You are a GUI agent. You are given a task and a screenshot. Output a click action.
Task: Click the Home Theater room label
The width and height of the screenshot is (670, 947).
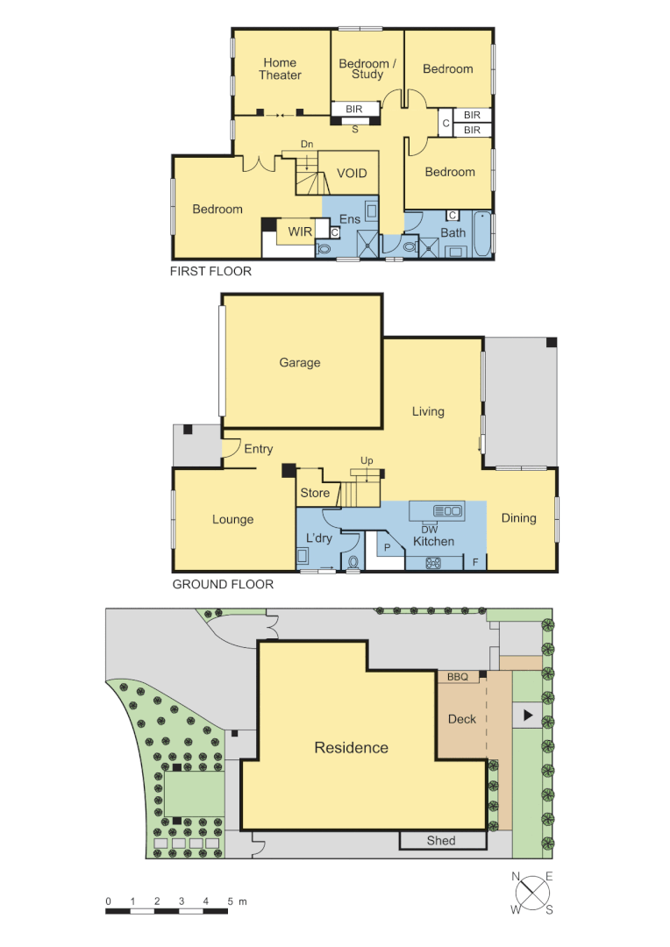pos(280,69)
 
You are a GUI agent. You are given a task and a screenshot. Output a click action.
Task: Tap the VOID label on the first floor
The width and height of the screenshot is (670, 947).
pos(352,174)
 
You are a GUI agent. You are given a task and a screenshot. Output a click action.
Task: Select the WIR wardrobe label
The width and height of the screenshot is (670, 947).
pos(300,232)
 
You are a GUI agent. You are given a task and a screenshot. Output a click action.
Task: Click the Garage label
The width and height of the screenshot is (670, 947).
pos(300,362)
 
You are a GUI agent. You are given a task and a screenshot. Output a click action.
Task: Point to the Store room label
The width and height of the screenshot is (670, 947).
pos(315,493)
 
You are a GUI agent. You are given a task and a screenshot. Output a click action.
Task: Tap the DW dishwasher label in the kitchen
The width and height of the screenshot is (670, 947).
pos(430,530)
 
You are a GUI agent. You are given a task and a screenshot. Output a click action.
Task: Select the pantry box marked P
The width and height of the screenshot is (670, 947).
pos(387,547)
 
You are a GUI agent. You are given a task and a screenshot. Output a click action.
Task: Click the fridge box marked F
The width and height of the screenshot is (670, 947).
pos(475,560)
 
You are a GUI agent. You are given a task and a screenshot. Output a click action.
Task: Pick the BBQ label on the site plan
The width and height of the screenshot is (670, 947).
pos(458,677)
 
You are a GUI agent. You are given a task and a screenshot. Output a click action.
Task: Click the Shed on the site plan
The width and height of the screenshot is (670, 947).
pos(441,841)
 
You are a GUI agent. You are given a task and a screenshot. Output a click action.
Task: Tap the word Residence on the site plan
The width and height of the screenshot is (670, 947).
pos(351,748)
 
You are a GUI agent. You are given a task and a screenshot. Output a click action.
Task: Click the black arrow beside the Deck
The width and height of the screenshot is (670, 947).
pos(527,716)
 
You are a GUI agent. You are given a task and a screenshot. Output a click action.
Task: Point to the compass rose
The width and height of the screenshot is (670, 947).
pos(531,894)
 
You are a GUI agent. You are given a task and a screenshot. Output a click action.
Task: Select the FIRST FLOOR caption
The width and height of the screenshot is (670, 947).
pos(210,272)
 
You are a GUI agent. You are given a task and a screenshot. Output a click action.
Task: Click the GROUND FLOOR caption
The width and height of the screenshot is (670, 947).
pos(223,584)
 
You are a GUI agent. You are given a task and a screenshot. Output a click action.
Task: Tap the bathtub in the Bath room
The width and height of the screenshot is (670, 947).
pos(481,234)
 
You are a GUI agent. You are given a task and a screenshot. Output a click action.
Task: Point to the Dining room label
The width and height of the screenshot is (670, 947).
pos(518,518)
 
